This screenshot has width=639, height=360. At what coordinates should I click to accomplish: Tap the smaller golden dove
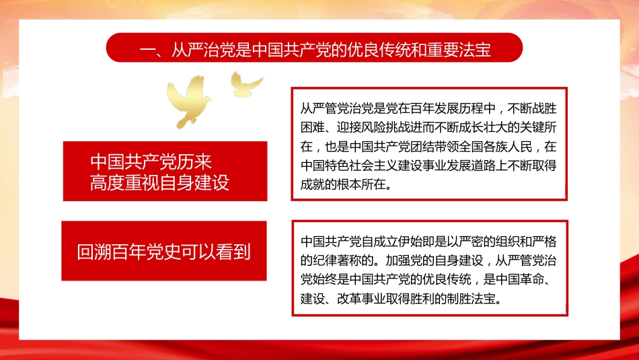(x=247, y=82)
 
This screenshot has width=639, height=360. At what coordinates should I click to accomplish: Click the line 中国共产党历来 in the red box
(x=156, y=161)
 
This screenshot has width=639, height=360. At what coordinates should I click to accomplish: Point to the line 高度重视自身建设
(x=160, y=182)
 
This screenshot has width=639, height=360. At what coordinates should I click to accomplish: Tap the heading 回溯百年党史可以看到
(x=164, y=252)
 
